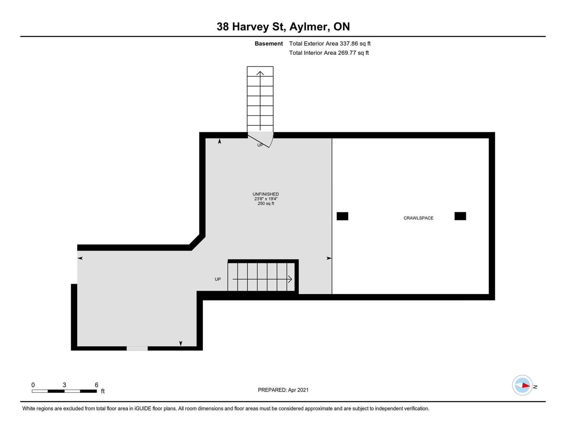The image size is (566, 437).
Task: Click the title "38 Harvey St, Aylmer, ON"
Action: pos(283,27)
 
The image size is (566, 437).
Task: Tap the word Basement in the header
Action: pos(268,43)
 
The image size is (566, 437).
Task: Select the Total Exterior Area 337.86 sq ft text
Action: pos(330,43)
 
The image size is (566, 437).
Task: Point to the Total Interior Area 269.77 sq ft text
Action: pos(329,53)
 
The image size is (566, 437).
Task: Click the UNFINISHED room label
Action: pos(266,194)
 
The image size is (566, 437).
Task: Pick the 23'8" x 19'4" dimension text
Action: pos(266,199)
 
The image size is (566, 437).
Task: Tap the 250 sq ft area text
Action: pos(266,204)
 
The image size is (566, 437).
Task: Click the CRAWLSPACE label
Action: pos(418,218)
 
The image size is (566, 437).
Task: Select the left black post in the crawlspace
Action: pos(342,216)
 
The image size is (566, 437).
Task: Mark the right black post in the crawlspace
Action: pos(460,216)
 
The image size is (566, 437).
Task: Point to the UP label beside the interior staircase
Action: pos(218,279)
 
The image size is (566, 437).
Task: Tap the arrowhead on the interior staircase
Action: pos(290,279)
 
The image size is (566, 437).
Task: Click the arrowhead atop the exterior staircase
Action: pos(260,73)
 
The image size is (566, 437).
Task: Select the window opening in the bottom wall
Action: pos(137,348)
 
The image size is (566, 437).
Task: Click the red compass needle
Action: pos(526,385)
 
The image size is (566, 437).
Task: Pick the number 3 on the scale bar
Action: pos(64,385)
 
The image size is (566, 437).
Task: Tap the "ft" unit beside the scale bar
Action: pos(103,391)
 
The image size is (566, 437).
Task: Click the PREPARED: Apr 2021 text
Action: pos(283,390)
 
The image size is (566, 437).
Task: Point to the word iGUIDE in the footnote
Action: pos(143,409)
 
